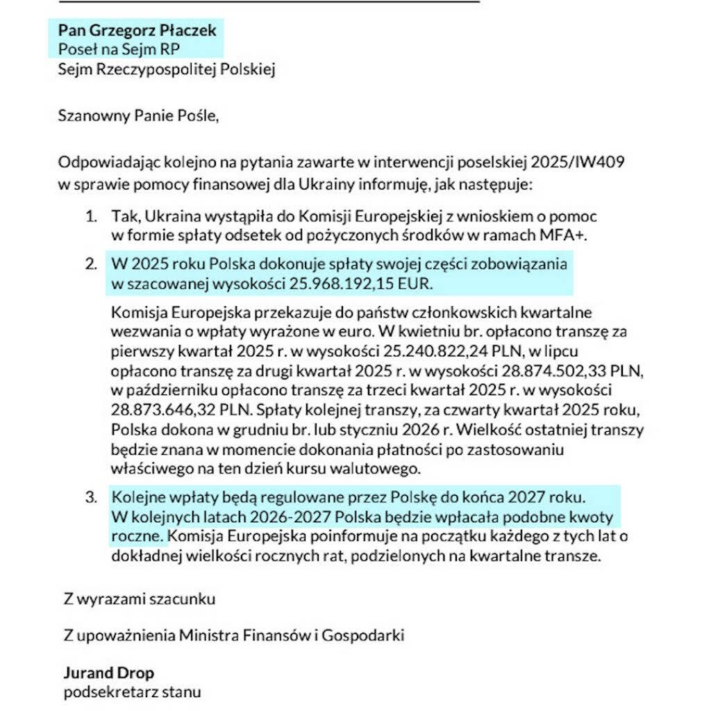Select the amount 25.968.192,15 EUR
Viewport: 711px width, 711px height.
click(x=364, y=283)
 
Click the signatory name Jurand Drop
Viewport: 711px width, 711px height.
click(x=108, y=673)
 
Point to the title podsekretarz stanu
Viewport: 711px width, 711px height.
click(x=132, y=692)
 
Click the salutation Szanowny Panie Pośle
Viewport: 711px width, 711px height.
click(x=138, y=115)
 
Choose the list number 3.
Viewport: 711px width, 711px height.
click(x=90, y=498)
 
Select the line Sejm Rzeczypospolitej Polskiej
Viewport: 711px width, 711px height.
click(x=167, y=69)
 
